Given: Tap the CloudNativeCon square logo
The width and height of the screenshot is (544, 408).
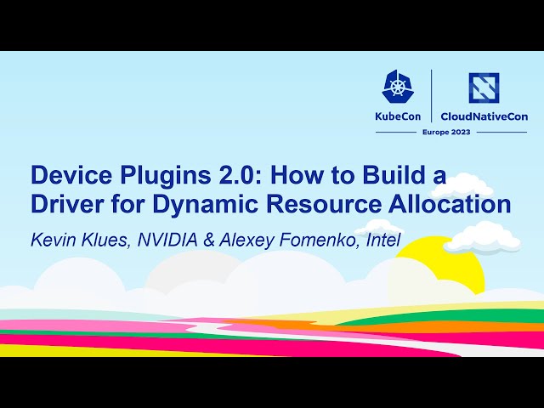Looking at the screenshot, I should click(x=484, y=88).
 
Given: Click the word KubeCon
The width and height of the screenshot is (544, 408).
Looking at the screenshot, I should click(x=398, y=116).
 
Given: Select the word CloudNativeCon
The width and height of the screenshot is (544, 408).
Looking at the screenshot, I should click(x=484, y=116).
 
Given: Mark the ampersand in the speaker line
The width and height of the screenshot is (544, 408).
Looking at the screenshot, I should click(x=208, y=239).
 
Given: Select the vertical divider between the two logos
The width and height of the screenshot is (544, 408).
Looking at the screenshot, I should click(x=433, y=96).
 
